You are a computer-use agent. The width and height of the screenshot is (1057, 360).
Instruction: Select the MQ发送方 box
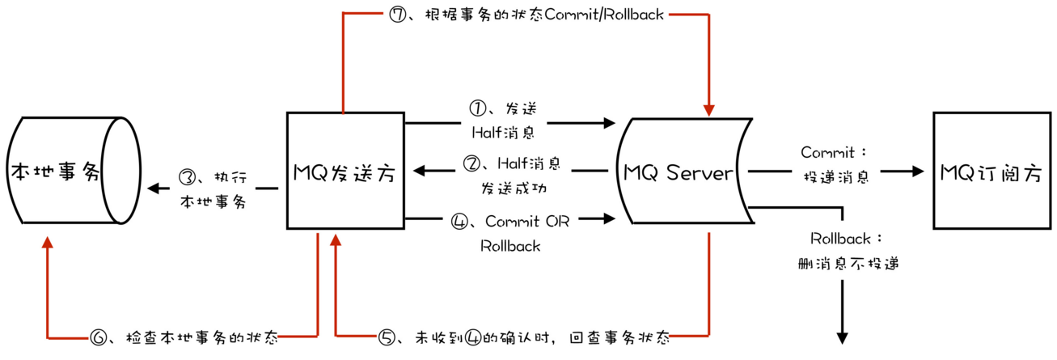click(345, 171)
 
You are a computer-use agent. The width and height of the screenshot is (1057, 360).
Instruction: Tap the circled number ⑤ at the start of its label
click(388, 337)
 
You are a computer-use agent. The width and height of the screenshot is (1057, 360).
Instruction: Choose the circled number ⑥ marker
click(99, 337)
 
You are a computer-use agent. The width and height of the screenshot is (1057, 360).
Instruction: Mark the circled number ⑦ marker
click(397, 15)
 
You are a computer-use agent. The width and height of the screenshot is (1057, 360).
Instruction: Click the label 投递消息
click(835, 177)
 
